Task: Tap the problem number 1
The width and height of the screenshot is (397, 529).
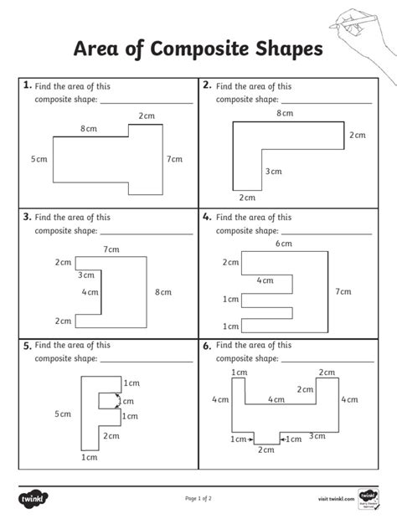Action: coord(28,85)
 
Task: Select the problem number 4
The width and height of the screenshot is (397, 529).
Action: coord(206,215)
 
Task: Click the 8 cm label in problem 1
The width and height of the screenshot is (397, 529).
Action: coord(88,129)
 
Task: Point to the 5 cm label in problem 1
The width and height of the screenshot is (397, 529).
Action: coord(39,159)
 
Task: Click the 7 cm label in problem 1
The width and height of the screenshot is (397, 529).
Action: coord(174,159)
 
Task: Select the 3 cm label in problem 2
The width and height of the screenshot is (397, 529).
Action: coord(274,172)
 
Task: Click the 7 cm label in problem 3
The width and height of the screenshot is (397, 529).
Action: coord(111,249)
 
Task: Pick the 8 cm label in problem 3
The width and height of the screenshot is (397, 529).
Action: coord(162,292)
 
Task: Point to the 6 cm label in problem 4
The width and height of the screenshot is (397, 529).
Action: coord(284,244)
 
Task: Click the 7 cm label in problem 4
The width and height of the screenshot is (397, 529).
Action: coord(343,291)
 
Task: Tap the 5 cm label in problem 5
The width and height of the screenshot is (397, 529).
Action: coord(63,414)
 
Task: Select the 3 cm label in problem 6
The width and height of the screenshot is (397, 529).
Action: coord(317,435)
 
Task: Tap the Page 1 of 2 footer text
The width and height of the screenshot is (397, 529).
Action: coord(198,499)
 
